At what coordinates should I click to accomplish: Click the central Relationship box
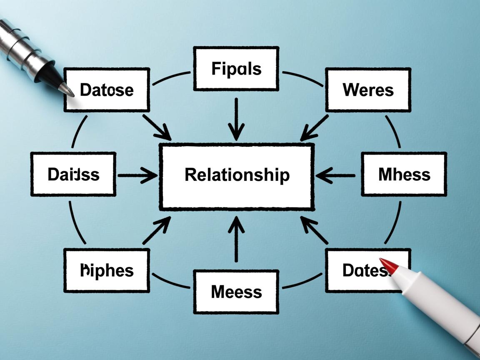click(x=236, y=176)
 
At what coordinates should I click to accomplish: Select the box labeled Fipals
click(x=236, y=69)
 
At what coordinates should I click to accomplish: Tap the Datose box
click(x=107, y=90)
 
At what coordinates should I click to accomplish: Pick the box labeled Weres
click(x=368, y=90)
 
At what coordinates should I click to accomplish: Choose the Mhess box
click(x=404, y=174)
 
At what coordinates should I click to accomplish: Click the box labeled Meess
click(x=236, y=292)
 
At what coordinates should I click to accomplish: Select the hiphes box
click(x=107, y=271)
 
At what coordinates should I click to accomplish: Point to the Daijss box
click(x=73, y=174)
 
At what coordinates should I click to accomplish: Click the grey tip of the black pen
click(x=67, y=89)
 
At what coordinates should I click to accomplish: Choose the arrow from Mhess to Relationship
click(x=335, y=175)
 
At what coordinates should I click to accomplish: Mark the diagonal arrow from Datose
click(x=157, y=127)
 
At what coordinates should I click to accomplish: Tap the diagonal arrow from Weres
click(x=315, y=127)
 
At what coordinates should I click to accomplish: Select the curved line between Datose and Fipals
click(x=171, y=78)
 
